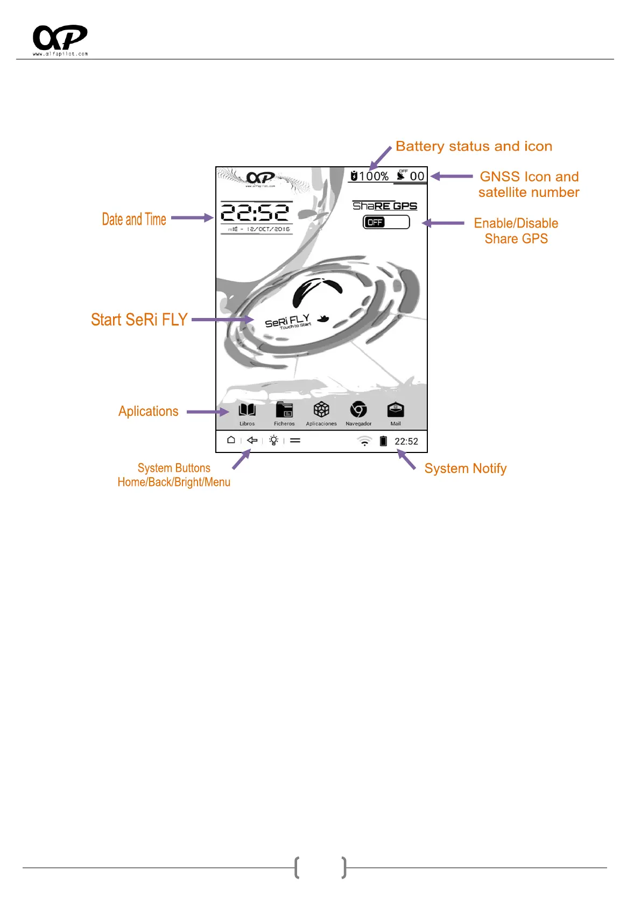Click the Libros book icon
coord(247,410)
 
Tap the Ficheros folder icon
coord(284,410)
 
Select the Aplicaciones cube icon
coord(321,410)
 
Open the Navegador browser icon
coord(358,410)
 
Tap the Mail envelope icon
coord(396,410)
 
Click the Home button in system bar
coord(231,440)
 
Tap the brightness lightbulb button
coord(273,440)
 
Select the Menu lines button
coord(295,440)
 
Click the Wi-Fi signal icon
coord(365,441)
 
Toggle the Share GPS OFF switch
coord(386,222)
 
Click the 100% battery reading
coord(374,176)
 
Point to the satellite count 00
coord(417,176)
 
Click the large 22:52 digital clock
coord(255,213)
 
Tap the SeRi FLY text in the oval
coord(287,321)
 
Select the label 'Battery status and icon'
coord(474,146)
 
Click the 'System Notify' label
coord(466,469)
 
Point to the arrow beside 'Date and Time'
coord(192,218)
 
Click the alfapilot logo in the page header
coord(60,39)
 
